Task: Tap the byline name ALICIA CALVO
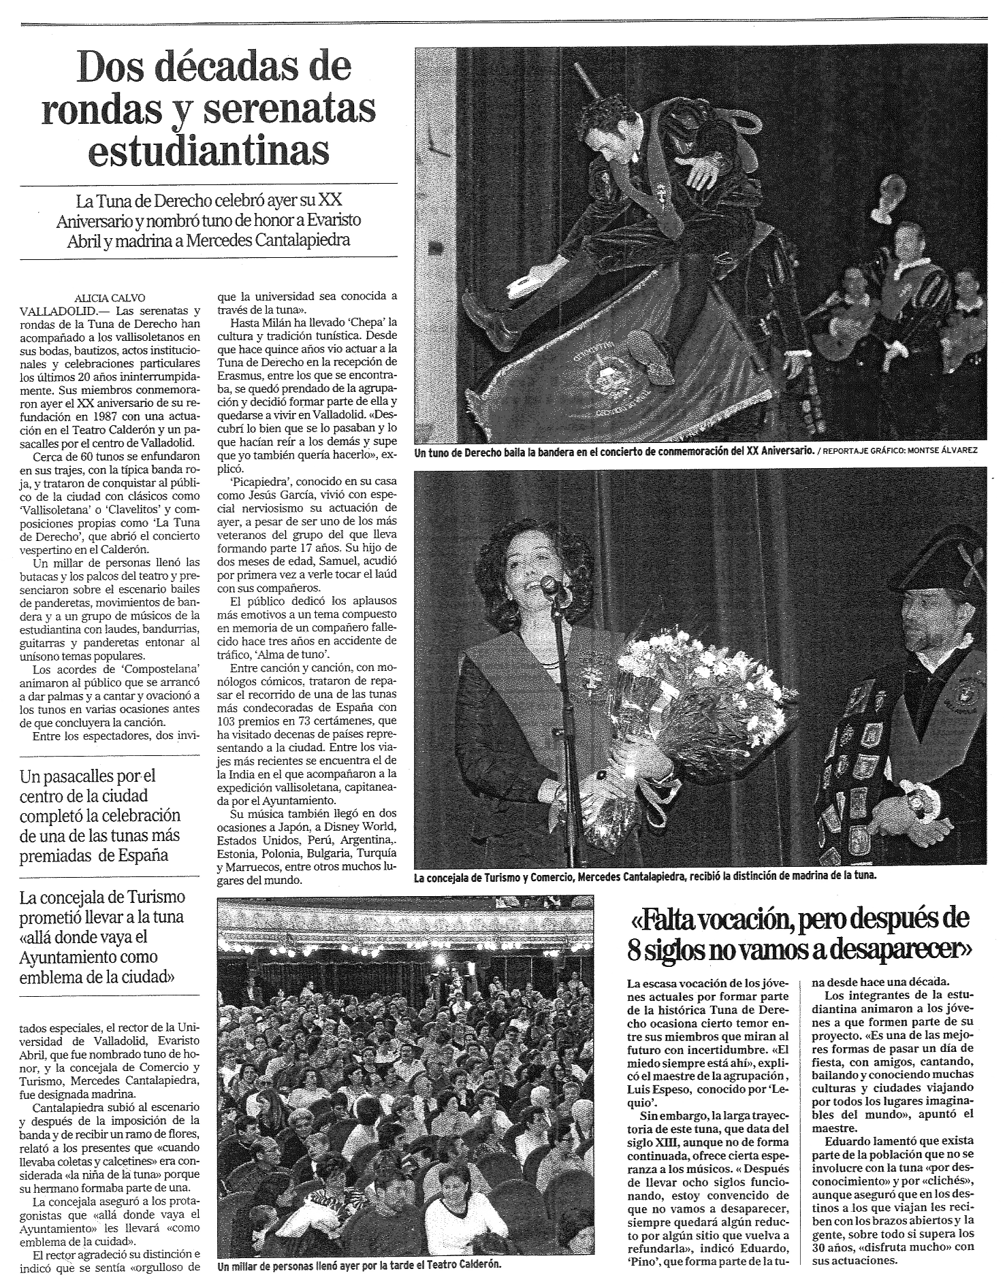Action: click(112, 297)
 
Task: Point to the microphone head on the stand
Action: click(549, 583)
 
